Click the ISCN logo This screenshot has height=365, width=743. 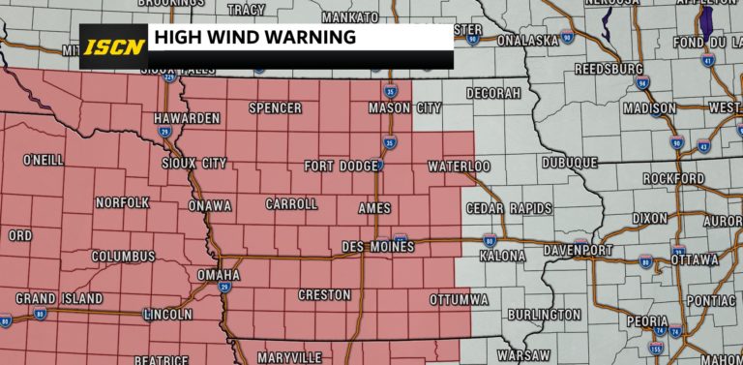coord(112,46)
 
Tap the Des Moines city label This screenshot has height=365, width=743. coord(378,248)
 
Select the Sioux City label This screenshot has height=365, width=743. coord(193,164)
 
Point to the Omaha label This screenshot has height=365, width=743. coord(218,275)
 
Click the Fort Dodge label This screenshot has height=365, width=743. coord(341,167)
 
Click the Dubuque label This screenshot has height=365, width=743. coord(569,164)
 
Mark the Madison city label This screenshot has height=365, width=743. coord(649,108)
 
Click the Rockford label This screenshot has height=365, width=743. coord(674,179)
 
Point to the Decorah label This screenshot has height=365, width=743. coord(493,93)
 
